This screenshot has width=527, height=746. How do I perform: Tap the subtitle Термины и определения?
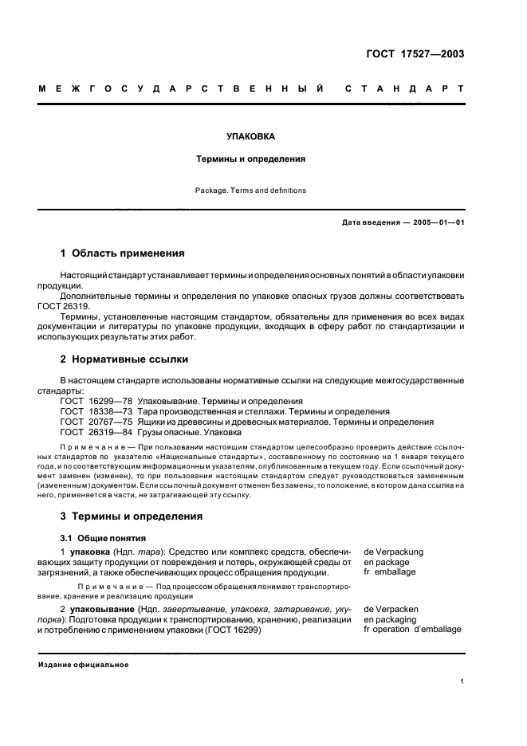[250, 159]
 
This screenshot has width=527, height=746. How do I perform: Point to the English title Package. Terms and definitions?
[250, 190]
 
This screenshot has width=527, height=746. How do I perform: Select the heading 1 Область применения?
[122, 253]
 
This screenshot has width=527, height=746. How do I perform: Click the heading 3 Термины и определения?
[132, 516]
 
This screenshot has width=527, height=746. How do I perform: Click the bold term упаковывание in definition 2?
[100, 609]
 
